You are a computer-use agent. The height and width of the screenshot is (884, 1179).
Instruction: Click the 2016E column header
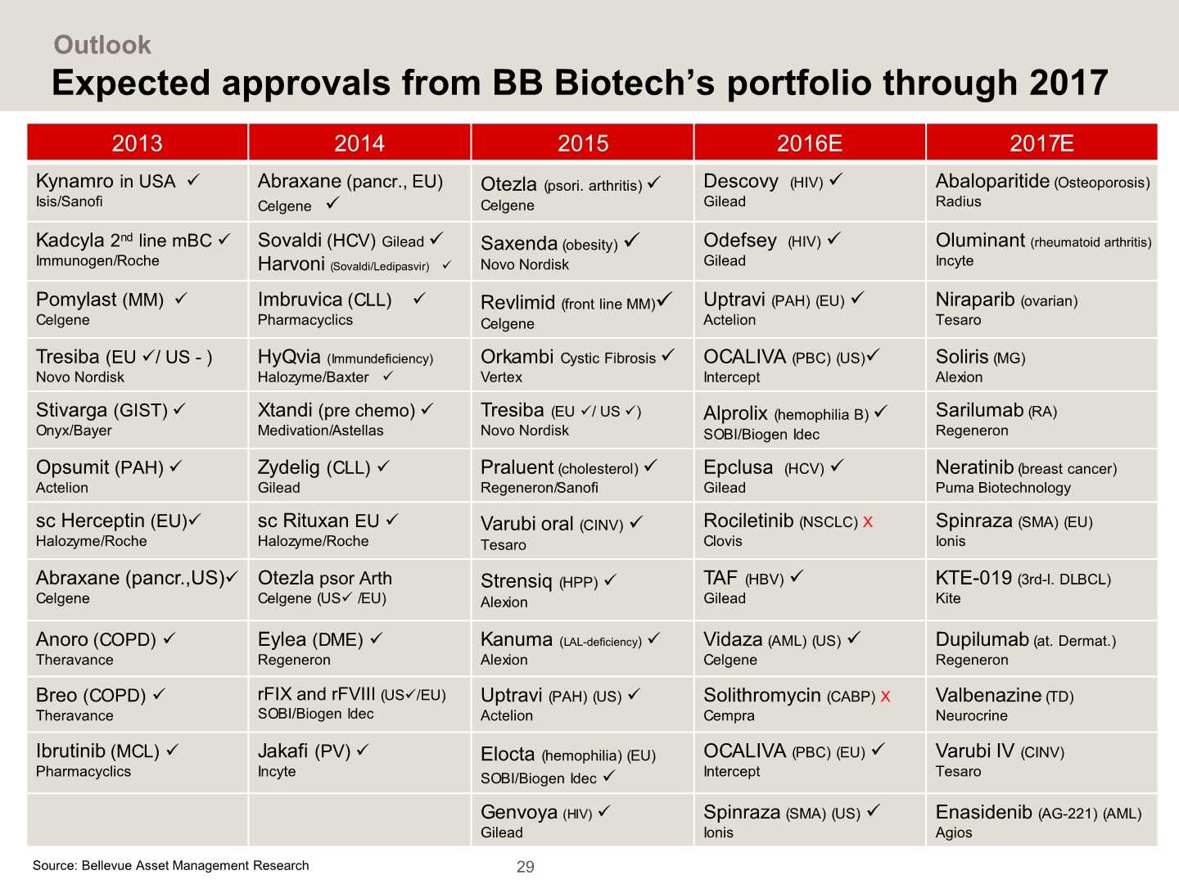click(809, 143)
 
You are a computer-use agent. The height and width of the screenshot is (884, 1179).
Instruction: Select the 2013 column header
click(137, 143)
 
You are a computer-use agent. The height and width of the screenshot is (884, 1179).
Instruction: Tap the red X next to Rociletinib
click(868, 521)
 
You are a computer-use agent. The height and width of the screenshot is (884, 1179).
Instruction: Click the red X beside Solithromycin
click(885, 697)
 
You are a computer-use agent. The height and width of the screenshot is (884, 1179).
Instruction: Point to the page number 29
click(526, 867)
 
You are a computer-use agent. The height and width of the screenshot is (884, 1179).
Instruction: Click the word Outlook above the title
click(102, 44)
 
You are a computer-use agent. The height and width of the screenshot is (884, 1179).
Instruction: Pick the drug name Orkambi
click(517, 357)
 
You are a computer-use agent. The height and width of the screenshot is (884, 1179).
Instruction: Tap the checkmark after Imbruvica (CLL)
click(419, 299)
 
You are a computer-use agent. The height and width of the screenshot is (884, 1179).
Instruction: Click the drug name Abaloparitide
click(992, 181)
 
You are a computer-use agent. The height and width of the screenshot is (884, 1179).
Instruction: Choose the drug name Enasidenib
click(983, 812)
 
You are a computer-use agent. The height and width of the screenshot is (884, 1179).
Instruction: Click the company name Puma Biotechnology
click(1003, 488)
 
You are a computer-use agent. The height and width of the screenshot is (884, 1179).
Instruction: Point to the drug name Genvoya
click(519, 812)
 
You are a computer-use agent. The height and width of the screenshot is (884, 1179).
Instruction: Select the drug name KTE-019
click(973, 578)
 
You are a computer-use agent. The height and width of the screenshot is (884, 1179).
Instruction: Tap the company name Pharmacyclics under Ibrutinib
click(84, 771)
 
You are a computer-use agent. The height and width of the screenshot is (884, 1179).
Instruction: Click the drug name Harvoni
click(291, 264)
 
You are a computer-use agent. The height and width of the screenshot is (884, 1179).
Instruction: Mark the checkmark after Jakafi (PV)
click(363, 749)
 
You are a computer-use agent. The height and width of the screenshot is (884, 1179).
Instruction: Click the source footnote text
click(171, 865)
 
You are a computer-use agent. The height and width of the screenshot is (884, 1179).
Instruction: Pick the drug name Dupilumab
click(982, 639)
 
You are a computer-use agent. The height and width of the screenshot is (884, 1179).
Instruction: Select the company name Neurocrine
click(972, 715)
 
